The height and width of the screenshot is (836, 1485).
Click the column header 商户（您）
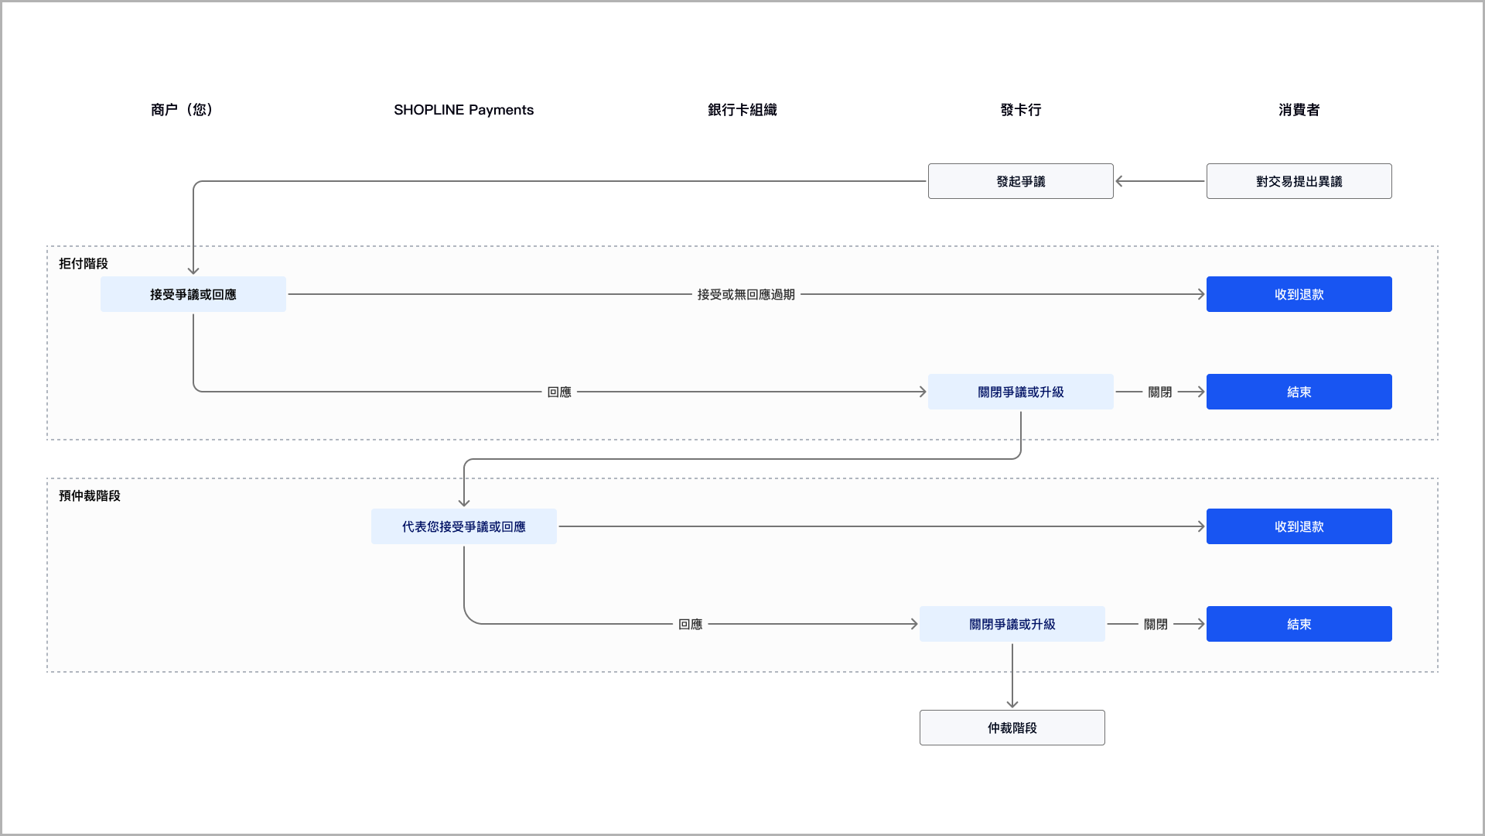point(182,110)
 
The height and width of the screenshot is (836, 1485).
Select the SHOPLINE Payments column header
point(463,110)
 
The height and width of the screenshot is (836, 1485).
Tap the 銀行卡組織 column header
point(742,110)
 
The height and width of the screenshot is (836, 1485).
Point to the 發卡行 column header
point(1020,110)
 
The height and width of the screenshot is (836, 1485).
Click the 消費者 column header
point(1299,110)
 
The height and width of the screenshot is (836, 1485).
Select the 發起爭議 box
point(1020,181)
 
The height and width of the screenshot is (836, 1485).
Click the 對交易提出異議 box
point(1299,181)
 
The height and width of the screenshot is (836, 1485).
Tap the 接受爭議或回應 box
point(193,294)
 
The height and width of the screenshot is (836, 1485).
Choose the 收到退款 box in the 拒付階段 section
point(1299,294)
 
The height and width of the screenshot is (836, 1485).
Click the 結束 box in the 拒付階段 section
point(1299,392)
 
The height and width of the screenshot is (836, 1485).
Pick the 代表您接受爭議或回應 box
point(463,526)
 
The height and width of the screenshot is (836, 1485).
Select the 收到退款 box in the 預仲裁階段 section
point(1299,526)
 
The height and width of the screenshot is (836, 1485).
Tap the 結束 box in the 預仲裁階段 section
point(1299,624)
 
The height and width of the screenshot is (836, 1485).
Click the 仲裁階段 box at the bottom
point(1012,728)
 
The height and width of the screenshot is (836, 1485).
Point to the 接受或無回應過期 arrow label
point(746,294)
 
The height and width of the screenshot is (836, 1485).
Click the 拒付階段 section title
point(84,263)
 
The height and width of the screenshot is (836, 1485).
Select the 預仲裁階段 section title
point(90,495)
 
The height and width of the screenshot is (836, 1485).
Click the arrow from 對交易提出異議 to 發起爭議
point(1159,181)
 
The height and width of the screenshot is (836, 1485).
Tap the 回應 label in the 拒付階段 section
point(559,392)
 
